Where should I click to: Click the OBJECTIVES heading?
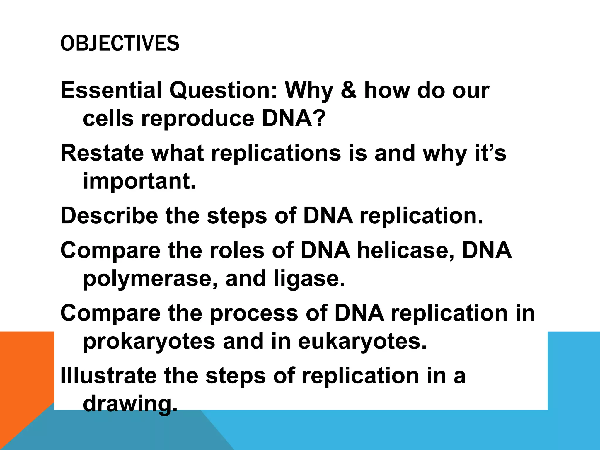tap(120, 43)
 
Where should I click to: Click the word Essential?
tap(111, 90)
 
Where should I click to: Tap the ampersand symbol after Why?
tap(349, 90)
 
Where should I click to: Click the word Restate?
tap(102, 153)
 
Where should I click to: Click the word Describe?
tap(109, 216)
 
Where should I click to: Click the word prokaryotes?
tap(149, 342)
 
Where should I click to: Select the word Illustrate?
tap(108, 376)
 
